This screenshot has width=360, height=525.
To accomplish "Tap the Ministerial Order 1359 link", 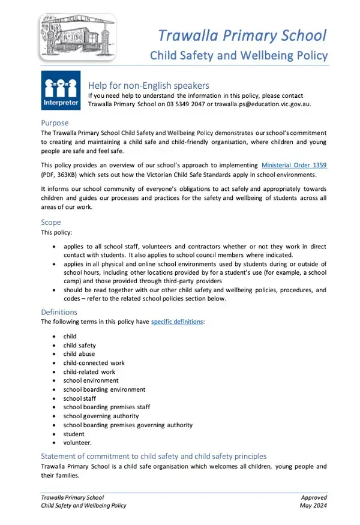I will click(294, 165).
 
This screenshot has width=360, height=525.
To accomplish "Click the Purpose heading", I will click(55, 123).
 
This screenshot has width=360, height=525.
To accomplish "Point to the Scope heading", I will click(51, 223).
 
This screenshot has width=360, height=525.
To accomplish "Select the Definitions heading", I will click(59, 312).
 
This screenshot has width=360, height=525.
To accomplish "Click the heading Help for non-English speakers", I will click(149, 85).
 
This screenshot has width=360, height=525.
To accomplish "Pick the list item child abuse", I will click(79, 354).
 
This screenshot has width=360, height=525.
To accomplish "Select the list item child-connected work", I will click(94, 363).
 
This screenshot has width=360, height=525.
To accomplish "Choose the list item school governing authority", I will click(101, 416).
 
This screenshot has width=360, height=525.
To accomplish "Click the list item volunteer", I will click(77, 443).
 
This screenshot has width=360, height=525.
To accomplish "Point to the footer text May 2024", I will click(313, 505).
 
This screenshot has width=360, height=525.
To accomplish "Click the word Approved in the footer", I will click(314, 497).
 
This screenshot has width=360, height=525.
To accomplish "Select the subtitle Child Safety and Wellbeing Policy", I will click(239, 56).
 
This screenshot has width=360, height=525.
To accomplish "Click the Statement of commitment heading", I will click(154, 456).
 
